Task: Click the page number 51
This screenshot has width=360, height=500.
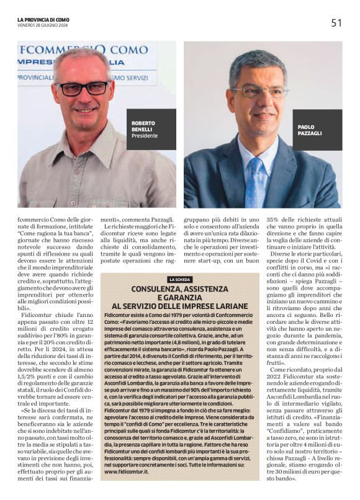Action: click(336, 23)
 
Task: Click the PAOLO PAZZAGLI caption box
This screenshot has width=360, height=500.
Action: click(317, 129)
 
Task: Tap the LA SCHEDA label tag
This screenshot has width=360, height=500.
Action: click(180, 280)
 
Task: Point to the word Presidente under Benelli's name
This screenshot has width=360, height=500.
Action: click(145, 135)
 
